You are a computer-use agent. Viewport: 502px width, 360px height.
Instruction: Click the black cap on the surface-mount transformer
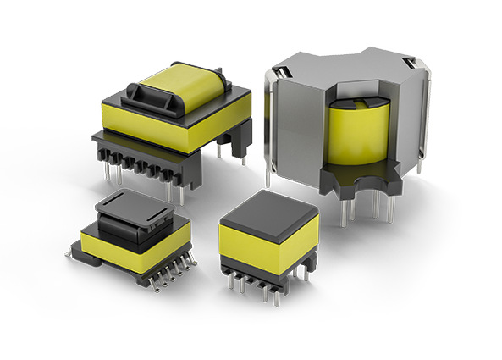click(136, 211)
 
